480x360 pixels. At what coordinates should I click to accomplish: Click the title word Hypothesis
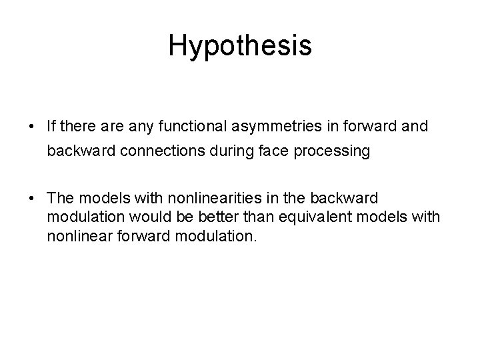(x=240, y=46)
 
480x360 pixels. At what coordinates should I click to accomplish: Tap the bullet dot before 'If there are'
(x=32, y=125)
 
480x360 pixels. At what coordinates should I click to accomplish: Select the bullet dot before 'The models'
(x=32, y=199)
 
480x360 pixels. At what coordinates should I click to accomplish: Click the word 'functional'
(x=175, y=125)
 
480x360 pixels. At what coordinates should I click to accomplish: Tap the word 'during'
(x=215, y=151)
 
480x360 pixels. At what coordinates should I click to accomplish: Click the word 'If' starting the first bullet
(x=51, y=125)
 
